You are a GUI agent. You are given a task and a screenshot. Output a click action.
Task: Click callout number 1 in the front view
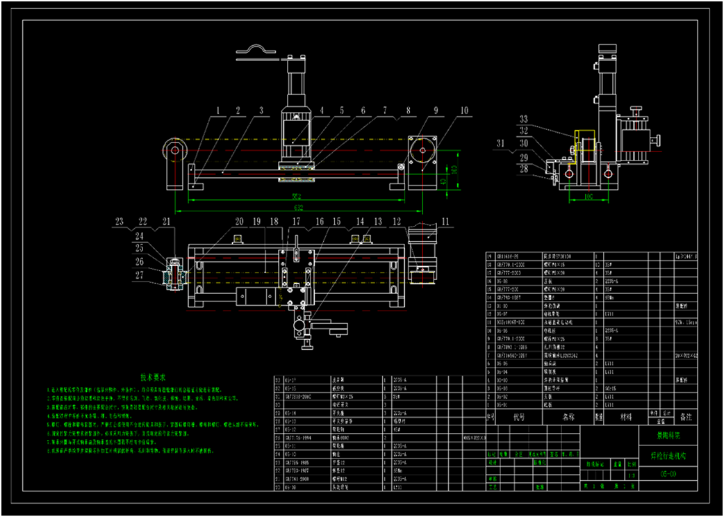pos(217,110)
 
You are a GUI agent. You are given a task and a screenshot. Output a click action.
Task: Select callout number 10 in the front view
pos(464,110)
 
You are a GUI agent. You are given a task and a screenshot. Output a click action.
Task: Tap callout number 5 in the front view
pos(342,110)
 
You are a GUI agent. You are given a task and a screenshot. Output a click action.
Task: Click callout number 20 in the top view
pos(239,222)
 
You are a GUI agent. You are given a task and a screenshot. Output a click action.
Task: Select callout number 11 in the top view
pos(445,222)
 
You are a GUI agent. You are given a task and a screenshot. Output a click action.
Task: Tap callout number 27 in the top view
pos(140,275)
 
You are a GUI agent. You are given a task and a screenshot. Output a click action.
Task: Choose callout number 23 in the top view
pos(120,222)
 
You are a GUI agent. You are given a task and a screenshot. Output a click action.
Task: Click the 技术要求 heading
pos(154,377)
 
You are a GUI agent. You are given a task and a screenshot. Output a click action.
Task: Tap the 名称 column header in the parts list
pos(568,418)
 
